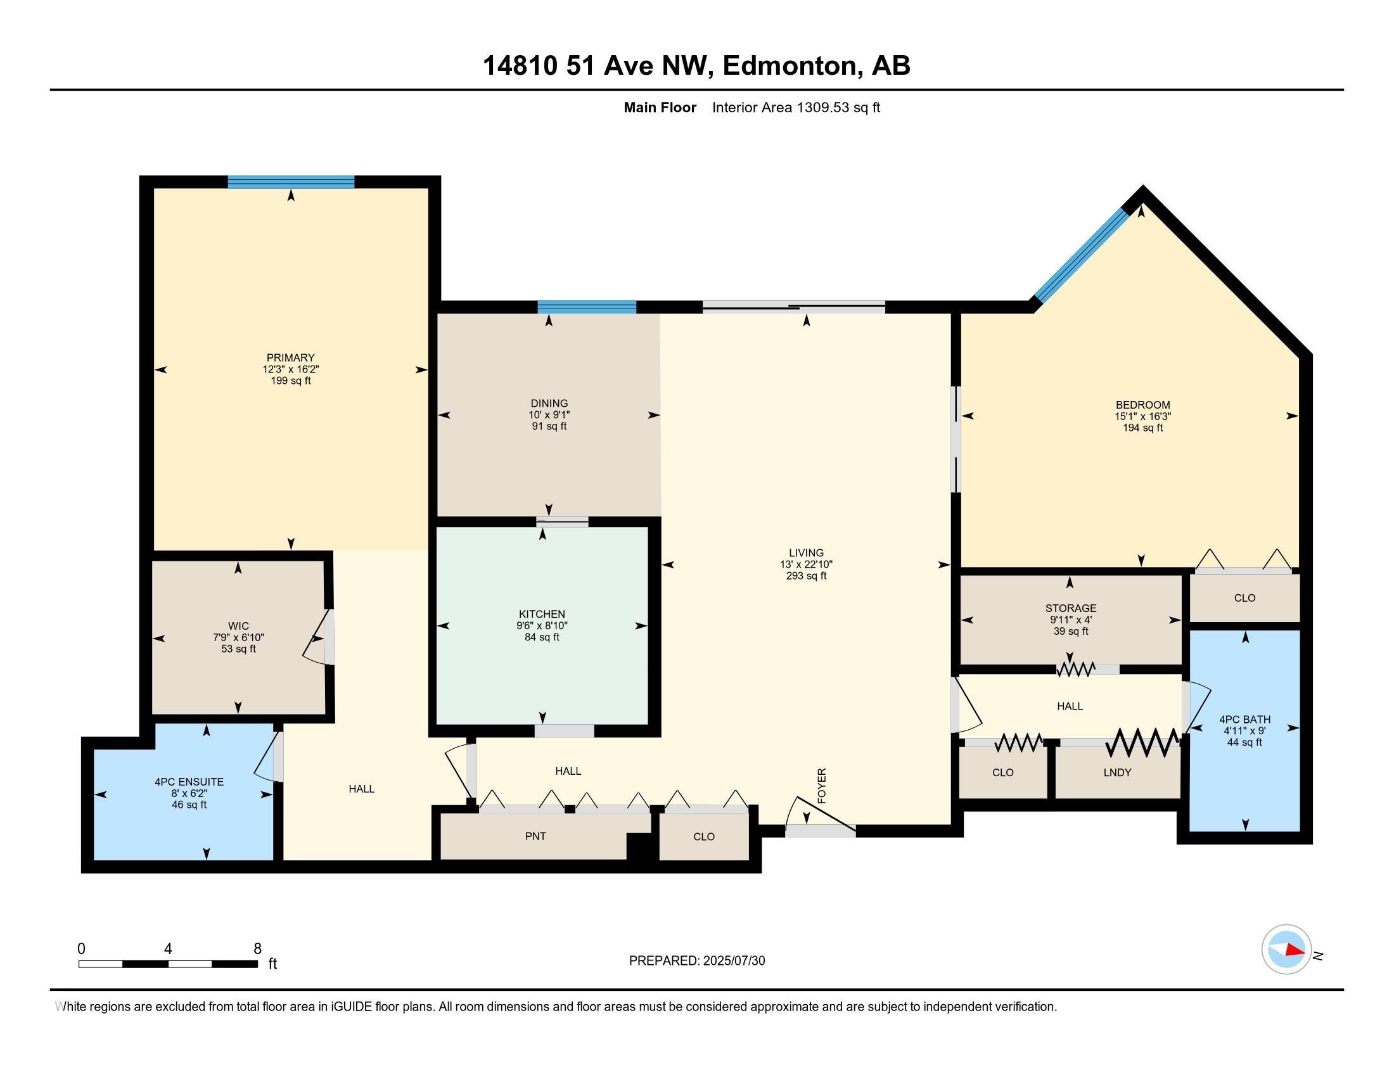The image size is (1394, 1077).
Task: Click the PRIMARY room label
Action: tap(290, 358)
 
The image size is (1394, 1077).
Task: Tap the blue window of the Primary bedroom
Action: tap(291, 182)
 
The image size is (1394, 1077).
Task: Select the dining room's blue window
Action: tap(587, 307)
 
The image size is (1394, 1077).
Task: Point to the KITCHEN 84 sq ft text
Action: tap(542, 637)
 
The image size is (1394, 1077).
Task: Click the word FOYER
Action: tap(821, 786)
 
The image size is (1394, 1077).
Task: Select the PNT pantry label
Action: tap(535, 836)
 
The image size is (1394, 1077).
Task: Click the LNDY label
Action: tap(1117, 773)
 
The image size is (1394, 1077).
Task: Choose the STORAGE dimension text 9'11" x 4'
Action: tap(1070, 620)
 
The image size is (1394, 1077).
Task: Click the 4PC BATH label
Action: tap(1244, 719)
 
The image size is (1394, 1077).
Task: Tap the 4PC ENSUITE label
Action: tap(189, 782)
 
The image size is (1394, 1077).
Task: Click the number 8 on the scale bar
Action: tap(257, 949)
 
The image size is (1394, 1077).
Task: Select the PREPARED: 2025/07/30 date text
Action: tap(696, 961)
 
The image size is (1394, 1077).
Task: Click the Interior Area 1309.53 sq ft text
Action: tap(795, 108)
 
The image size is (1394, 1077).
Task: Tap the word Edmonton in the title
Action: tap(790, 66)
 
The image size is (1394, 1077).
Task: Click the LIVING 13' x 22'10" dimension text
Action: tap(806, 564)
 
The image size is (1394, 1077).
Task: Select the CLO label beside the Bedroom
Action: tap(1244, 598)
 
